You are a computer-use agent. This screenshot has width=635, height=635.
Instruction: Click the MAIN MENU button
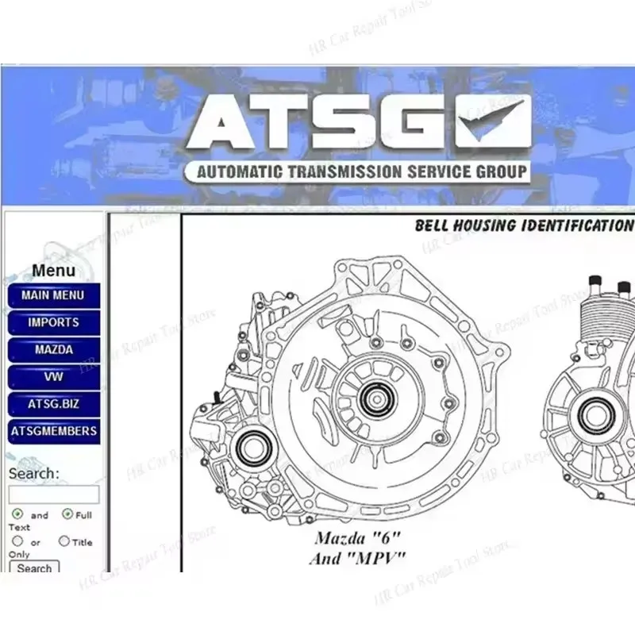[53, 295]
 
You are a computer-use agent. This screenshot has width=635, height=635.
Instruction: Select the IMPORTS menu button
[53, 323]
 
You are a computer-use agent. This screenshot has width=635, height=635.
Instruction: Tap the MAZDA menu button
[53, 350]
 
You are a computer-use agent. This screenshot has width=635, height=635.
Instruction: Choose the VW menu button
[53, 377]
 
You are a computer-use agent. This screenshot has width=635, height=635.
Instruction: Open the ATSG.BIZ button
[53, 404]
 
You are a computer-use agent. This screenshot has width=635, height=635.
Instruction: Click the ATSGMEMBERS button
[53, 432]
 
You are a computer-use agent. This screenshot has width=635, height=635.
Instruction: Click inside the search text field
[53, 495]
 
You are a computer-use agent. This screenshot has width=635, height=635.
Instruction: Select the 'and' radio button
[17, 514]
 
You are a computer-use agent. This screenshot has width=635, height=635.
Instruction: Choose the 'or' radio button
[17, 541]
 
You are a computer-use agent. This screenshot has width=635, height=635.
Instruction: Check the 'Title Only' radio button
[64, 541]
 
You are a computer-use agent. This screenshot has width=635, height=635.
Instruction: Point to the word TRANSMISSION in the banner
[344, 171]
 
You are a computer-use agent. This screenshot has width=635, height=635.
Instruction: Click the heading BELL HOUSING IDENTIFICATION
[523, 225]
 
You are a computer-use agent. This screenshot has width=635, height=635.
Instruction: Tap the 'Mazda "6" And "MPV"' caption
[356, 548]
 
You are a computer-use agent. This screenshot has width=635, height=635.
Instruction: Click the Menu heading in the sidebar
[53, 270]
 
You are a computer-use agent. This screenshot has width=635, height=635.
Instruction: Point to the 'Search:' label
[34, 473]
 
